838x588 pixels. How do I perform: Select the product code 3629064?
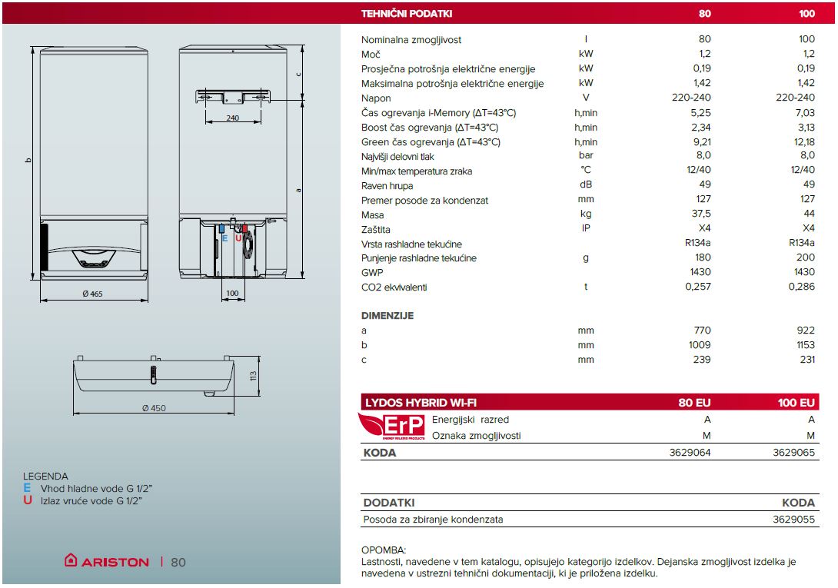click(x=690, y=453)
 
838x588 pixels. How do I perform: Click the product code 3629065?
click(x=793, y=453)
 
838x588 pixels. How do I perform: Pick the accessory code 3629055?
click(x=793, y=519)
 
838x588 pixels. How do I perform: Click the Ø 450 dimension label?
click(x=154, y=408)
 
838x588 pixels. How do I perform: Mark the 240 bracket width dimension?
click(x=233, y=118)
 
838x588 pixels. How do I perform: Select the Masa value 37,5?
click(x=701, y=214)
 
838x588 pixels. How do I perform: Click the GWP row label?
click(x=372, y=272)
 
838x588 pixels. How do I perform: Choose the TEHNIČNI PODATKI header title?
click(x=407, y=14)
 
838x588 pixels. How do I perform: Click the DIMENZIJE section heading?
click(x=387, y=316)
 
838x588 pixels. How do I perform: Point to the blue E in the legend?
click(x=27, y=488)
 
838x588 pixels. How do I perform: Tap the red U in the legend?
click(x=27, y=500)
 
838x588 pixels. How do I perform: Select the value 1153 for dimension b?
click(x=803, y=345)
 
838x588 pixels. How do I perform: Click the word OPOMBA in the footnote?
click(x=382, y=550)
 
